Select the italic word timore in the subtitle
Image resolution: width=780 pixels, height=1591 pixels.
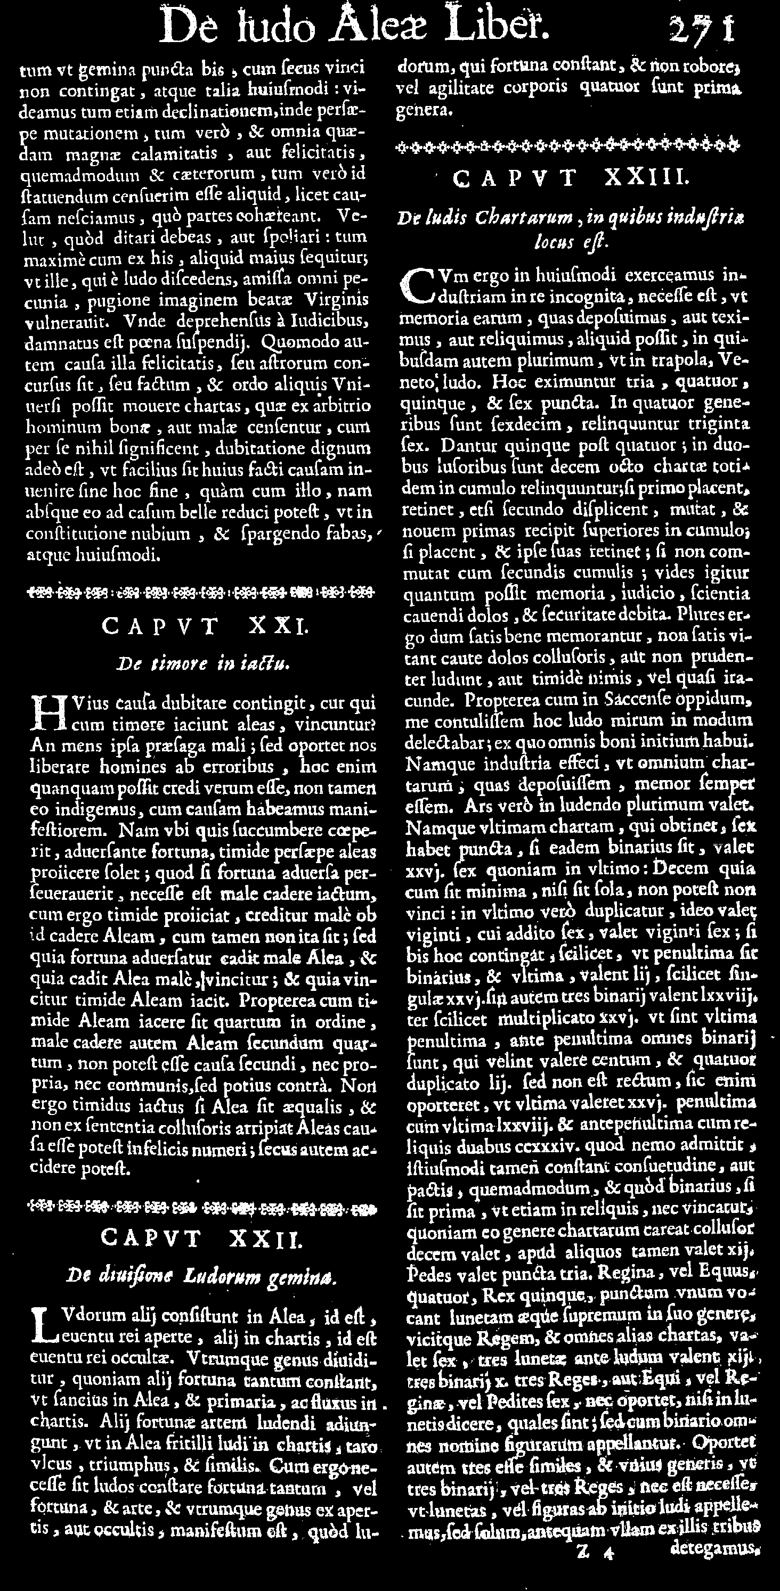[x=177, y=664]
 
